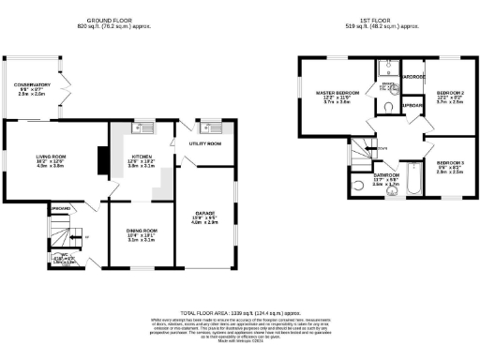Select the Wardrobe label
pyautogui.click(x=413, y=76)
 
